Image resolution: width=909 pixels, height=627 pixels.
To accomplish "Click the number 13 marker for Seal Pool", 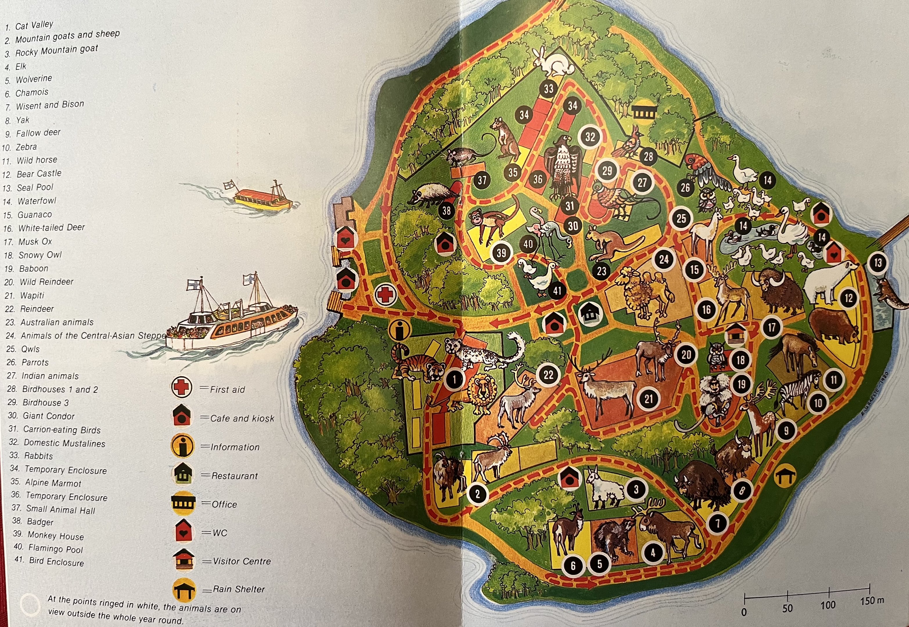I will click(878, 263).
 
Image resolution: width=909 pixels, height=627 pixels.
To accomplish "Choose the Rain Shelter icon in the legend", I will click(183, 590).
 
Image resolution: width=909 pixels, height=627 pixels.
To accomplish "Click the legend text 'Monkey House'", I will click(55, 536).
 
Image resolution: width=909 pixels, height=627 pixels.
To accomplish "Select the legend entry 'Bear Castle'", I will click(39, 173).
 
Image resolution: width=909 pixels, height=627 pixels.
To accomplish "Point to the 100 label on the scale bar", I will click(828, 606).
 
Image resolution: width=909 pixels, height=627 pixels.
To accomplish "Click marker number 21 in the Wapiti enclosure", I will click(649, 399).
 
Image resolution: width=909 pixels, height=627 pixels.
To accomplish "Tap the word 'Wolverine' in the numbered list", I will click(34, 79).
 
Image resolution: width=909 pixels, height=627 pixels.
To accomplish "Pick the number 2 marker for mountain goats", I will click(478, 493).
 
